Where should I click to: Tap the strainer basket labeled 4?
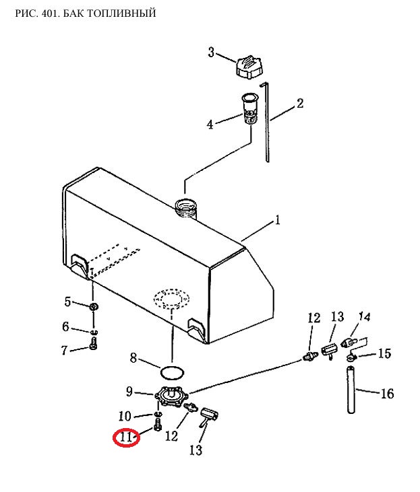[x=250, y=108]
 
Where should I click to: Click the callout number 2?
[x=300, y=103]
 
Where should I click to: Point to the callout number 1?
[x=277, y=220]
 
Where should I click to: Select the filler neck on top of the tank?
[x=185, y=208]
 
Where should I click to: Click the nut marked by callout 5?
[x=94, y=306]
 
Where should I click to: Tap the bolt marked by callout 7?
[x=93, y=343]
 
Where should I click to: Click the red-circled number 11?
[x=126, y=437]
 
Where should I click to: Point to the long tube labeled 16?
[x=351, y=390]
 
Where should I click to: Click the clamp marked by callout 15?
[x=351, y=357]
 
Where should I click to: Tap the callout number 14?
[x=364, y=316]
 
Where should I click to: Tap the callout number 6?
[x=65, y=326]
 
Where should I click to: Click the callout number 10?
[x=125, y=416]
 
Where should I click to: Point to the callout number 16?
[x=387, y=394]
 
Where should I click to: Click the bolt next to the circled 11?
[x=158, y=425]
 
